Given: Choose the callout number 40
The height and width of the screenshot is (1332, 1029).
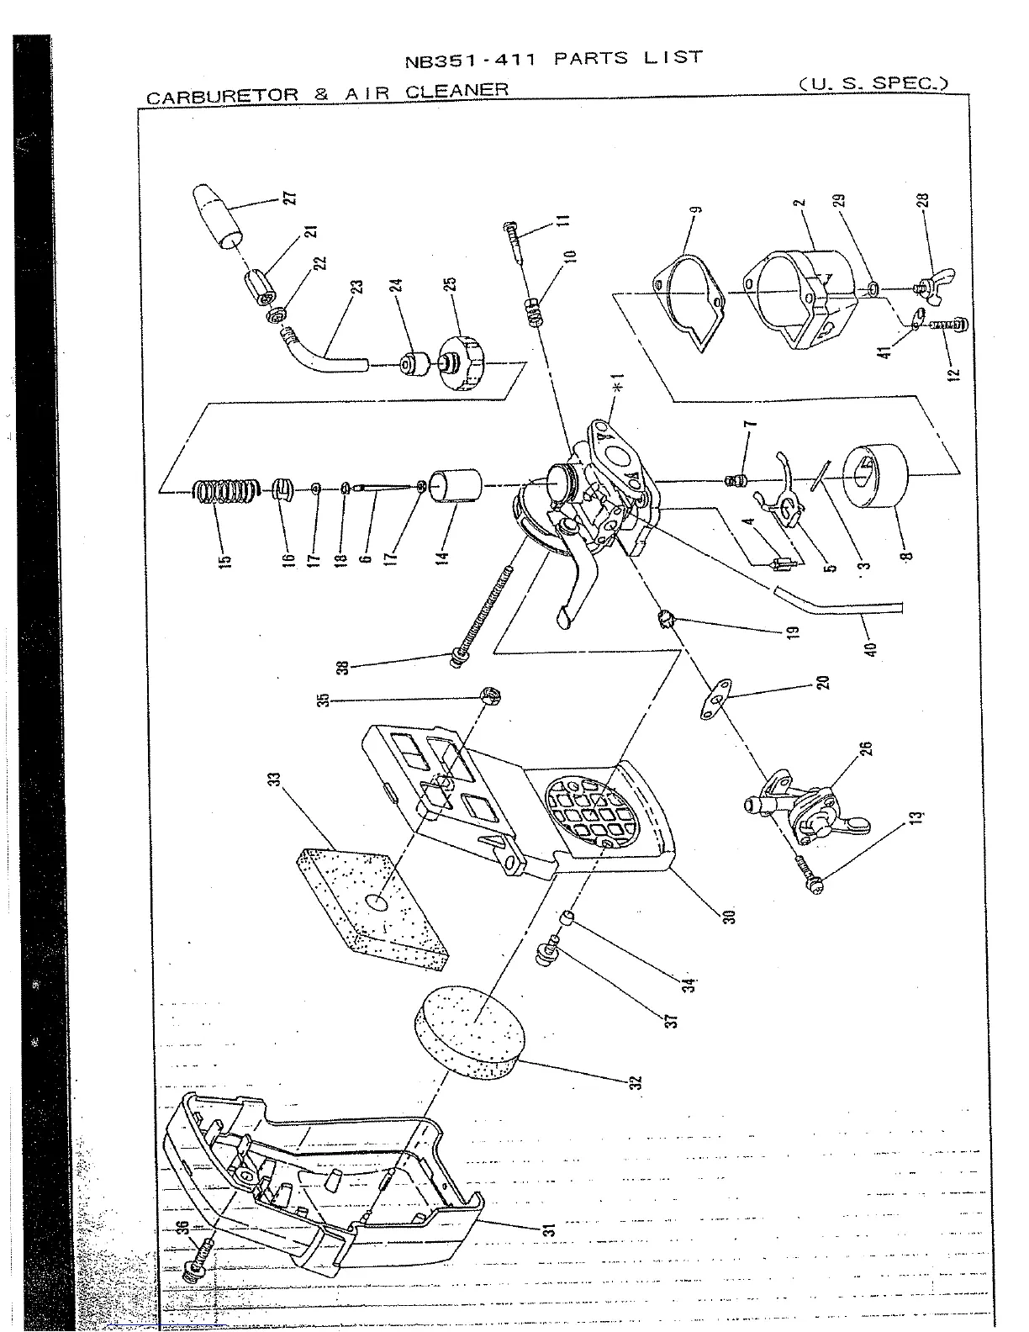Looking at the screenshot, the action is [x=872, y=648].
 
